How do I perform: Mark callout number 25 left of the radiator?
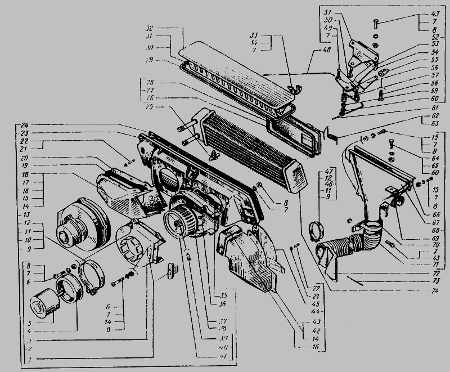point(150,107)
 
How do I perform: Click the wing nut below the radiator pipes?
point(214,154)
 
